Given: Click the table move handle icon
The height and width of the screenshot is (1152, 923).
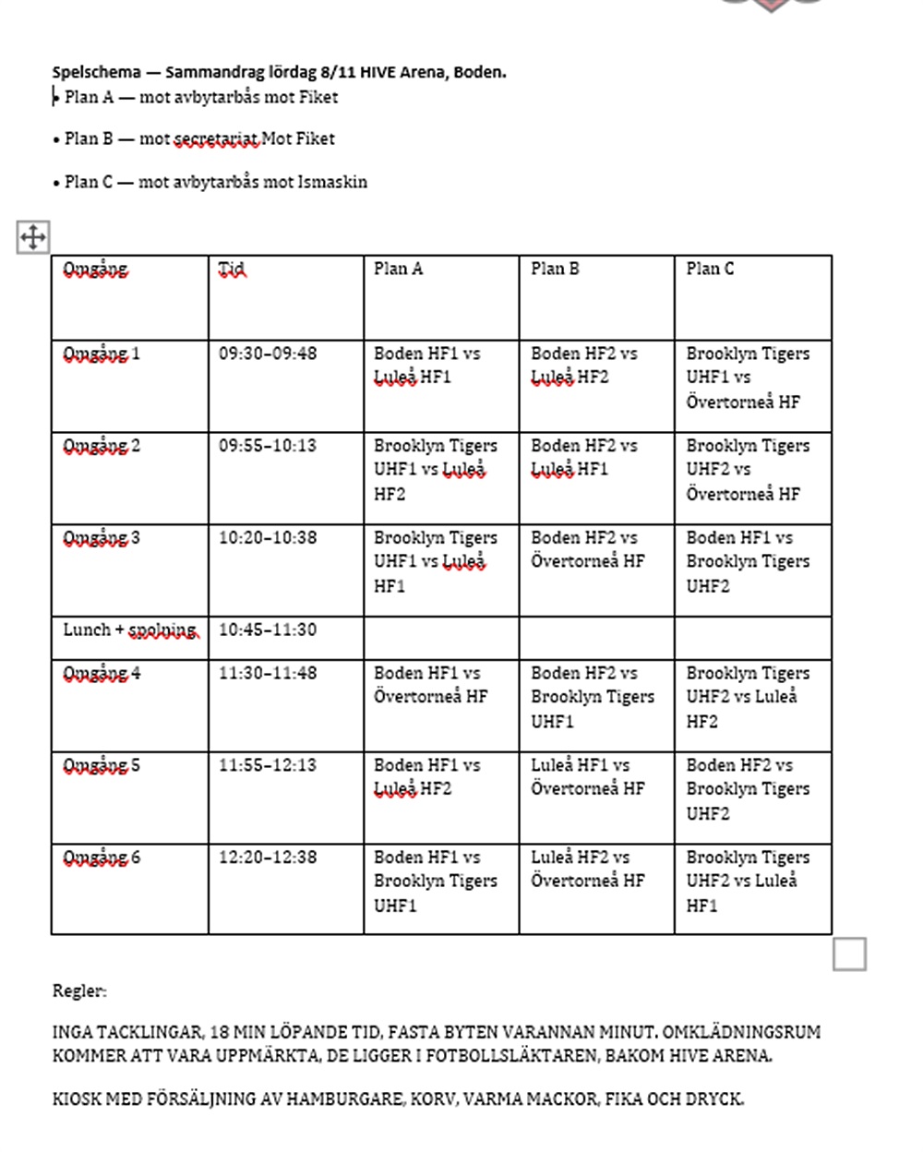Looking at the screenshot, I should click(32, 237).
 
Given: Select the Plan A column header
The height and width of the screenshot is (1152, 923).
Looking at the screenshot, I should click(398, 269).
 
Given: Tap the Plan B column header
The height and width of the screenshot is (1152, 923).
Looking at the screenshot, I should click(555, 269).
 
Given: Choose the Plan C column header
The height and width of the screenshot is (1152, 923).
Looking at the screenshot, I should click(710, 269).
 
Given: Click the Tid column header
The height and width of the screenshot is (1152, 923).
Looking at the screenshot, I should click(232, 269).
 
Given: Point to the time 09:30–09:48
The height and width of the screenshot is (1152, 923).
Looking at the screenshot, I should click(268, 354).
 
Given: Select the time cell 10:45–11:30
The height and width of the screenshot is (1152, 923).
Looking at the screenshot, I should click(268, 630).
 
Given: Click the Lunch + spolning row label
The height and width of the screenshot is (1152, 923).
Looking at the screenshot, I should click(130, 630).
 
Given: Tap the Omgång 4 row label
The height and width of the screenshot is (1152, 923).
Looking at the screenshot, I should click(102, 673).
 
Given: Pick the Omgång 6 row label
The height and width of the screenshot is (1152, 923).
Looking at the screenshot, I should click(102, 858).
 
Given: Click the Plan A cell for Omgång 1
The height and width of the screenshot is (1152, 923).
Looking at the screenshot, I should click(427, 366).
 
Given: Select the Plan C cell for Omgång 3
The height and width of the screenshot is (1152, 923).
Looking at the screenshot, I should click(748, 561).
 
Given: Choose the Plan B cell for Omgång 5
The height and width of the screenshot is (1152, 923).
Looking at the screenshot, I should click(587, 776).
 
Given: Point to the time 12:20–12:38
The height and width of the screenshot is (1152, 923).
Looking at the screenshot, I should click(268, 858).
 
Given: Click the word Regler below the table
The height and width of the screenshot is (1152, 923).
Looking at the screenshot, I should click(79, 990).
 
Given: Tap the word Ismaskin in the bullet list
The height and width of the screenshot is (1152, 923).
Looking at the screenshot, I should click(332, 182).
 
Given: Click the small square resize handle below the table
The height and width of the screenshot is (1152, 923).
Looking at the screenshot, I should click(849, 954).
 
